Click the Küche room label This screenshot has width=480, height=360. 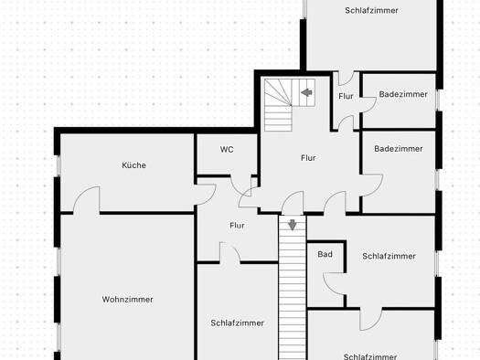point(133,165)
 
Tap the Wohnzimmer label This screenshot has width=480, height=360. point(127,299)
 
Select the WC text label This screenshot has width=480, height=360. point(227,149)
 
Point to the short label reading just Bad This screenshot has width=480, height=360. point(325,254)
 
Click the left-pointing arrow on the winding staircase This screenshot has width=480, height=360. point(306,92)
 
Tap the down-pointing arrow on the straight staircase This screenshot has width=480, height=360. point(293,225)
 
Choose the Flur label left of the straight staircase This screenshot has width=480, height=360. point(237,226)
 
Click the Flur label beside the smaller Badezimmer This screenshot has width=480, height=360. point(346,96)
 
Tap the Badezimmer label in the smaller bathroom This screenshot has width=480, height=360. point(403,94)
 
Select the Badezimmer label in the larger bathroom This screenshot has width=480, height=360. point(399,149)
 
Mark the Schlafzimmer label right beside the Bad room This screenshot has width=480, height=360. point(389,256)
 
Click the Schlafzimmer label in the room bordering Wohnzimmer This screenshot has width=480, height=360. point(237,323)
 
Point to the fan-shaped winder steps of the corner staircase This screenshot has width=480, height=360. point(278,92)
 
